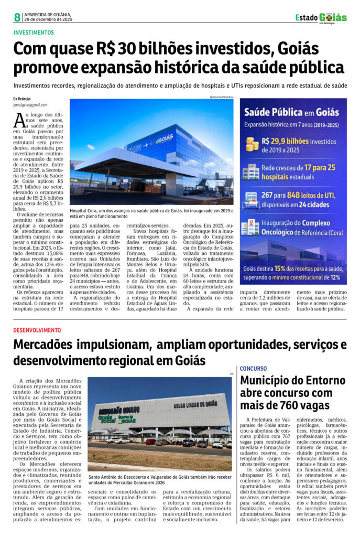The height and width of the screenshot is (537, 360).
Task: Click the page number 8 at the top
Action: tap(17, 18)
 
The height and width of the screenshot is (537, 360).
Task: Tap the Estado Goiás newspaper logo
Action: tap(321, 17)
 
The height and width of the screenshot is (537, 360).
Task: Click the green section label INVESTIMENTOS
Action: tap(35, 32)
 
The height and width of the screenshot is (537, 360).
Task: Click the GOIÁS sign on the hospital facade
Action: tap(164, 139)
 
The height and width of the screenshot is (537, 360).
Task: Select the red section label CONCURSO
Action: tap(254, 368)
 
